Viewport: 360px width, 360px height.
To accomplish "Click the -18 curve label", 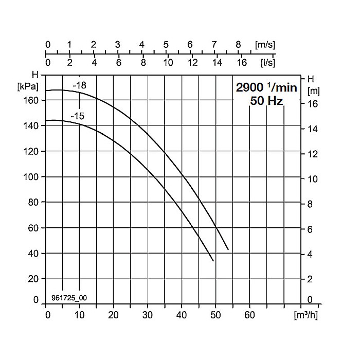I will pos(79,85).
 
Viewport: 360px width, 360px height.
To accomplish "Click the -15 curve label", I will pos(78,117).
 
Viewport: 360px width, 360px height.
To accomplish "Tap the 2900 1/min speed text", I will pos(266,87).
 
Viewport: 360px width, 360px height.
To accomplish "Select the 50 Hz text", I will pos(266,101).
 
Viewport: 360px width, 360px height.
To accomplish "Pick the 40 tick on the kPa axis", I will pos(34,254).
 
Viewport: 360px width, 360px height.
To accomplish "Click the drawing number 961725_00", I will pos(69,298).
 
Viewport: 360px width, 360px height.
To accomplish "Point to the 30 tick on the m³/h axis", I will pos(148,315).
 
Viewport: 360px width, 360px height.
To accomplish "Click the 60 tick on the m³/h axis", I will pos(249,315).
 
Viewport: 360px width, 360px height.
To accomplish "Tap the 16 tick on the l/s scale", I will pos(241,63).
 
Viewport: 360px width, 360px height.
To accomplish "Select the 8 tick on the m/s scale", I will pos(238,45).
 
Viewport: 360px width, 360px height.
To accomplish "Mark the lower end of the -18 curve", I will pos(228,250).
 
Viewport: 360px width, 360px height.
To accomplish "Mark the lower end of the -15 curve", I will pos(213,261).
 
